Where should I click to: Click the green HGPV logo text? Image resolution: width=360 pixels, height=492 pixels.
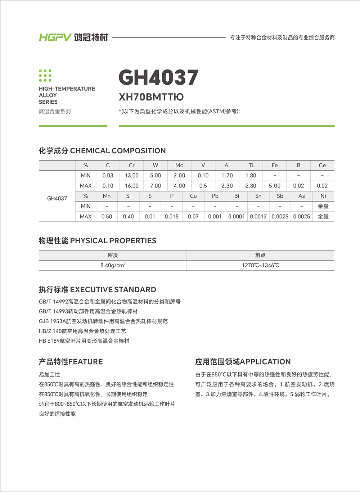55,37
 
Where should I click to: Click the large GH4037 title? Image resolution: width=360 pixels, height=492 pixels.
158,77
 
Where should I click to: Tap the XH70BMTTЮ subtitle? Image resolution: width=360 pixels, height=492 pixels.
151,97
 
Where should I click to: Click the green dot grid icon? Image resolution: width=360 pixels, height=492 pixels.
45,76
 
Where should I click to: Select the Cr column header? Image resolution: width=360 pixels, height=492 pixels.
131,165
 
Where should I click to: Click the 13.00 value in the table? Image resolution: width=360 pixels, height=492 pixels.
131,175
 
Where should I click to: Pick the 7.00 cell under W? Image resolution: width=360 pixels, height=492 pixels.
155,186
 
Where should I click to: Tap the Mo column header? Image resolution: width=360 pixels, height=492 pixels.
179,165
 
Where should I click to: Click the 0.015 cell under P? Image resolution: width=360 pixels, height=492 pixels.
171,216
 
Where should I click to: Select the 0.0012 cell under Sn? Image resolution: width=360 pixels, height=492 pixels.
258,216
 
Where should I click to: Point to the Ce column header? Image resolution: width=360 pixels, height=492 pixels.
322,165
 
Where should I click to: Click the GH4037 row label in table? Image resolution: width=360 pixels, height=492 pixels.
57,198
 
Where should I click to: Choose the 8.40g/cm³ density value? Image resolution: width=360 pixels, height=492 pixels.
113,265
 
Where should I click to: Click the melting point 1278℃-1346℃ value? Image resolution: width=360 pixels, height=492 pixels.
260,265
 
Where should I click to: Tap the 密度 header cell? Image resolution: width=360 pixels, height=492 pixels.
113,255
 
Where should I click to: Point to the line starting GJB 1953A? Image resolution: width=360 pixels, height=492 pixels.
103,321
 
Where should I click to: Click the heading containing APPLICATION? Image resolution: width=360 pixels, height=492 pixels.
243,362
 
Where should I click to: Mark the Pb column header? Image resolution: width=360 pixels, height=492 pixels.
215,196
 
